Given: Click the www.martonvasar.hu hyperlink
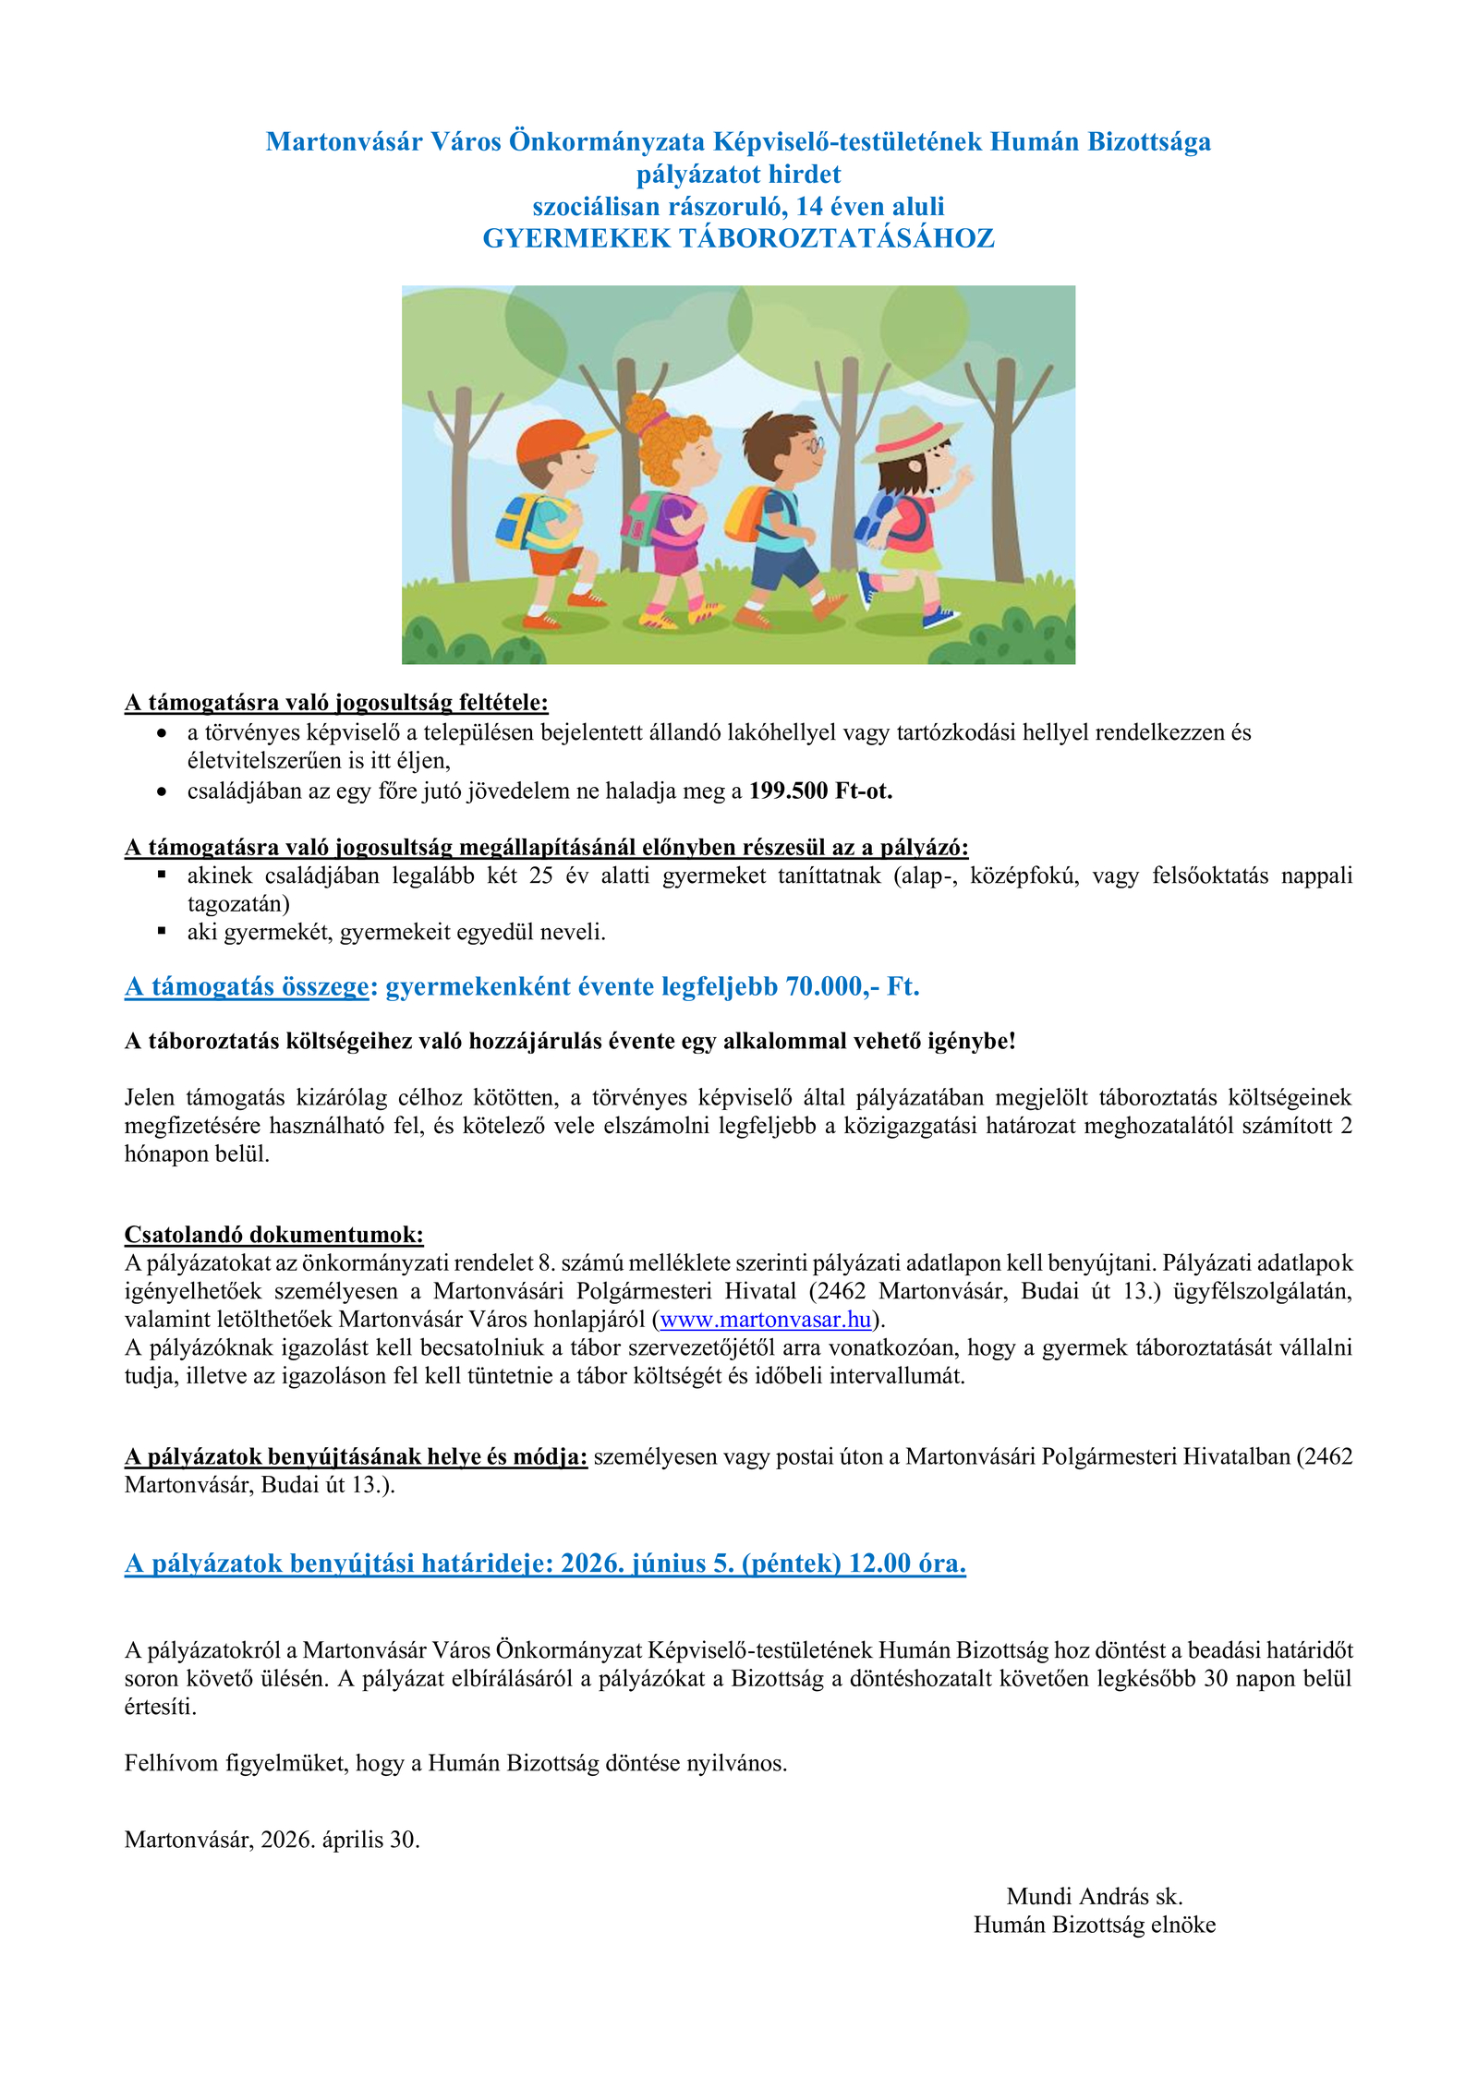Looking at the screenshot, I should click(766, 1319).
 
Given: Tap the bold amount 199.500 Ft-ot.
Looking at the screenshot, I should click(820, 791).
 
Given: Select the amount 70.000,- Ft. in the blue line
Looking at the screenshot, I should click(852, 986).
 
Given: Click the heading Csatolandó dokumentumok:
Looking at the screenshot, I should click(273, 1235).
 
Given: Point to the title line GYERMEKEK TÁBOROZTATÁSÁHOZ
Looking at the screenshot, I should click(738, 238).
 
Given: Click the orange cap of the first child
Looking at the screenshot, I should click(552, 439).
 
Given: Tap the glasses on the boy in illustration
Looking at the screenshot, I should click(813, 445).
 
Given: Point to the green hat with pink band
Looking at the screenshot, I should click(910, 434).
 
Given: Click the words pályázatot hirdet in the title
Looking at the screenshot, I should click(738, 174).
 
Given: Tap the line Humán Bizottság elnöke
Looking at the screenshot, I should click(1094, 1925).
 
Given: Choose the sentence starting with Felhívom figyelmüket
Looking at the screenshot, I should click(455, 1763).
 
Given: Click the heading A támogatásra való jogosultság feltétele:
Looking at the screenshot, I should click(336, 703).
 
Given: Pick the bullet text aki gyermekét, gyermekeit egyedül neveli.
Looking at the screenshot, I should click(396, 932).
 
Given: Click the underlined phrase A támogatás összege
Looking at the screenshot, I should click(247, 986).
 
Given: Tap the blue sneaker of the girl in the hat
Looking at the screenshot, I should click(939, 617).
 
